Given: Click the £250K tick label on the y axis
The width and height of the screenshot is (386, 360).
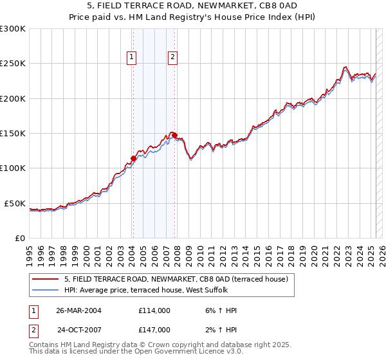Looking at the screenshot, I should [13, 64].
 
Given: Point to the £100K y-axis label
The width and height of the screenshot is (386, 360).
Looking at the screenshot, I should [13, 168].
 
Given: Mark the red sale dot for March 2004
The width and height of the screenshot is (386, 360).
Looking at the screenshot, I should [133, 158].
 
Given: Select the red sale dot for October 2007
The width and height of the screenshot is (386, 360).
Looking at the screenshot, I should [174, 135].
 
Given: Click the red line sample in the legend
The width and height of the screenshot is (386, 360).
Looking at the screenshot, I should [45, 279].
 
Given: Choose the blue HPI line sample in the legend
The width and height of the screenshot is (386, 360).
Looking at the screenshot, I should [45, 291].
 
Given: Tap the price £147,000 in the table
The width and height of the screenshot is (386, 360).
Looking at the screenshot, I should [154, 330].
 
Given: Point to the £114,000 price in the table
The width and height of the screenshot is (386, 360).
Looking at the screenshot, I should [154, 310].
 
